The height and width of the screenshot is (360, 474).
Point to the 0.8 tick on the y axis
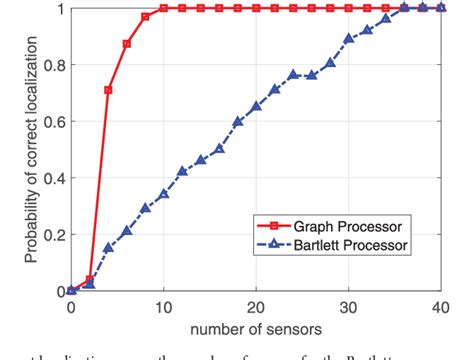(x=56, y=65)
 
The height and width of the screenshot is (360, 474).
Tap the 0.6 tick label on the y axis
(x=56, y=122)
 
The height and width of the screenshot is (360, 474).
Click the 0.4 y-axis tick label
(x=56, y=178)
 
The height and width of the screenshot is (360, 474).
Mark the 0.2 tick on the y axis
(x=56, y=235)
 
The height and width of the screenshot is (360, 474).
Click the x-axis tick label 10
(x=163, y=306)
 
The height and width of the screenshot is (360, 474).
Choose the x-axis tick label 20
(x=256, y=306)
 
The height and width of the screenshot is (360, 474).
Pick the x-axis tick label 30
(x=348, y=306)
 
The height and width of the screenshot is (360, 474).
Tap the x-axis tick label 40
(x=440, y=306)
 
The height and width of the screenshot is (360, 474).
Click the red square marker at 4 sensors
(x=108, y=90)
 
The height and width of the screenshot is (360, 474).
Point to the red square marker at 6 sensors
(x=127, y=44)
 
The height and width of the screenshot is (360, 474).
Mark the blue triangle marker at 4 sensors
(x=108, y=247)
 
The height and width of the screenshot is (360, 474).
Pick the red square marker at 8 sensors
(x=145, y=16)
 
